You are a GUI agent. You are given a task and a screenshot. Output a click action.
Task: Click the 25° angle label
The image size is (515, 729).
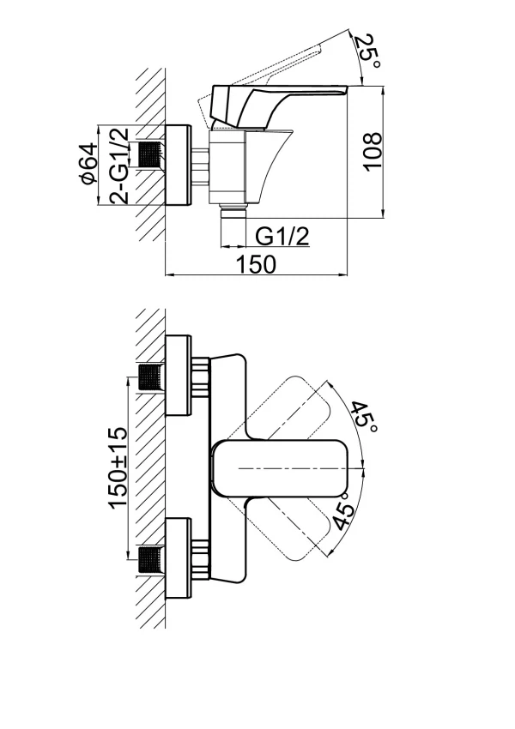(x=368, y=51)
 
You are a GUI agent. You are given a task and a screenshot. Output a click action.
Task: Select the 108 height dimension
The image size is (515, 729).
(x=373, y=152)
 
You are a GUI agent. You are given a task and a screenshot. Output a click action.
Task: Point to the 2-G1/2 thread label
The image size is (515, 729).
(x=118, y=165)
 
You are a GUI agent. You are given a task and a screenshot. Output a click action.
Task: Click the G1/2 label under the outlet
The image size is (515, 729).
(x=282, y=237)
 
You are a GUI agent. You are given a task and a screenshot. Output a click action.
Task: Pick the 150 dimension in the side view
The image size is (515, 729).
(x=257, y=264)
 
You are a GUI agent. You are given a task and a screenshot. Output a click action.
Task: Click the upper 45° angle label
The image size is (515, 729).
(x=362, y=417)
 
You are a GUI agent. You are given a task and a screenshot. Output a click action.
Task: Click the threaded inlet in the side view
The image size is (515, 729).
(x=151, y=154)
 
